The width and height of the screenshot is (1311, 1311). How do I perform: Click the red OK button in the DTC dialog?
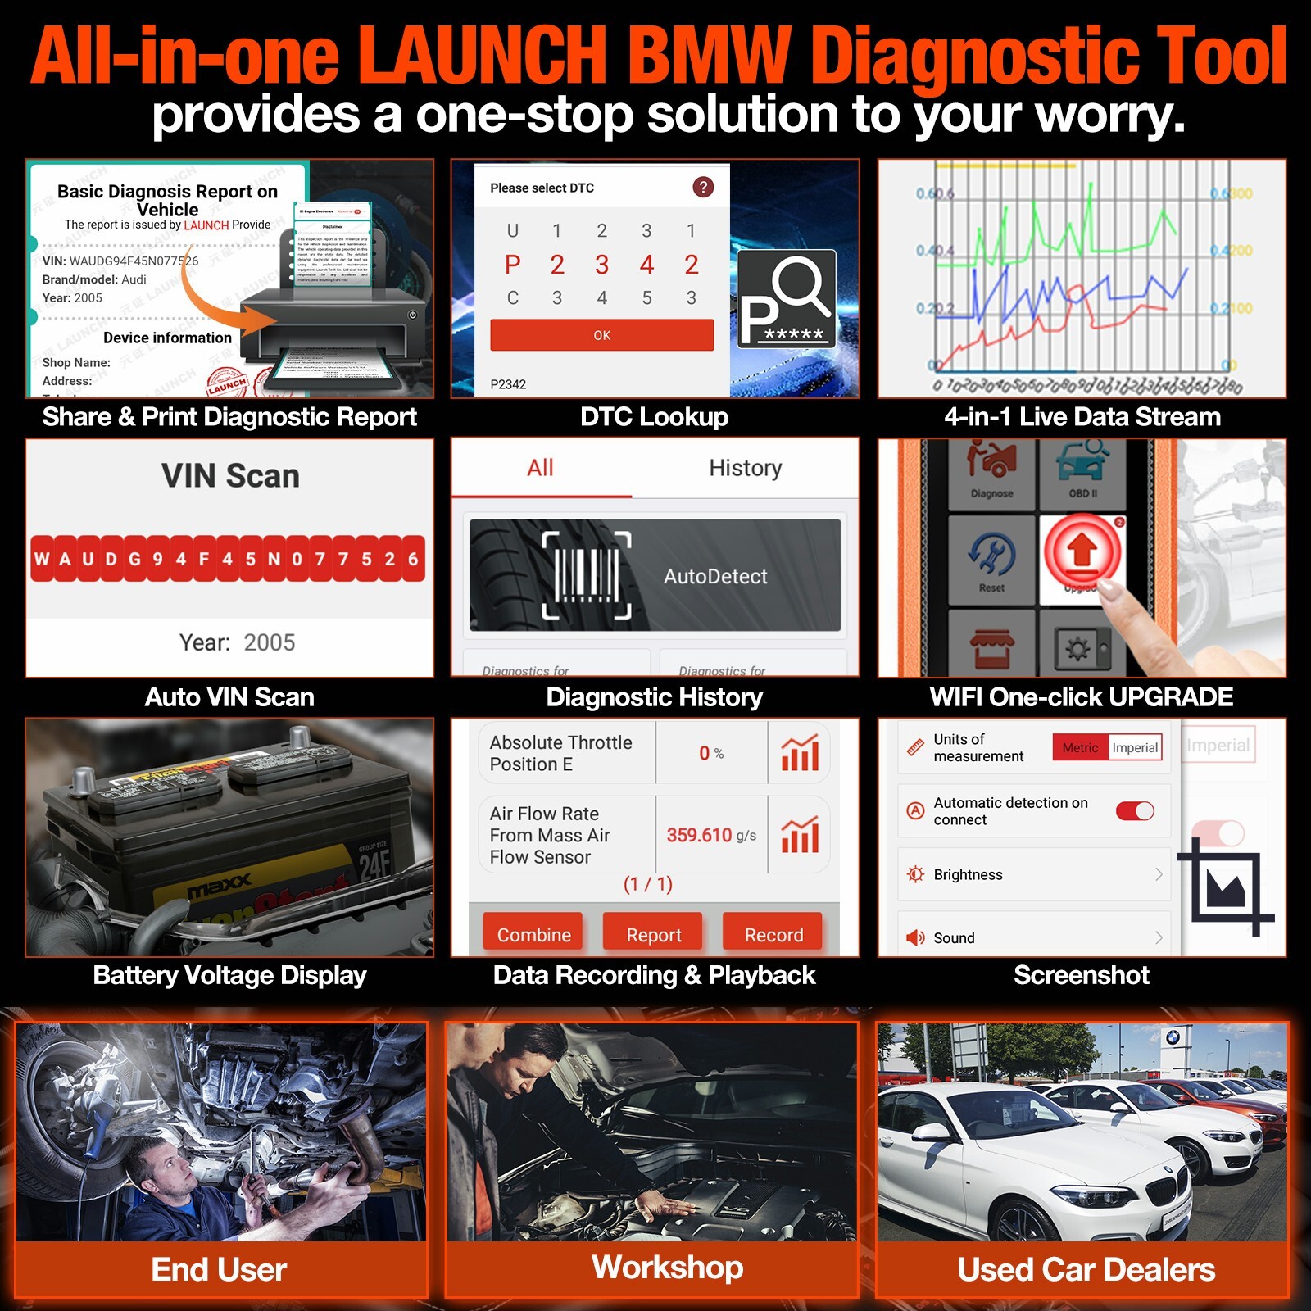click(601, 335)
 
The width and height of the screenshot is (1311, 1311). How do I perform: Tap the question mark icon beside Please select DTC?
click(702, 188)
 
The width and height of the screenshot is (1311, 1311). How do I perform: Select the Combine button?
click(533, 934)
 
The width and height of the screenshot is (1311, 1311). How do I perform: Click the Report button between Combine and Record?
click(653, 934)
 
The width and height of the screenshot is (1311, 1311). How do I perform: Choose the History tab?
click(745, 468)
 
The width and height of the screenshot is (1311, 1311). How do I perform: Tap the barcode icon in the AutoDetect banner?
click(587, 575)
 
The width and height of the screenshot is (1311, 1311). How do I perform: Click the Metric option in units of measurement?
click(1079, 747)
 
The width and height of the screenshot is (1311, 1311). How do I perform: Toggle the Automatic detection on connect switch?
click(1135, 810)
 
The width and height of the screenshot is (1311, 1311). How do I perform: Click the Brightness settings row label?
click(968, 874)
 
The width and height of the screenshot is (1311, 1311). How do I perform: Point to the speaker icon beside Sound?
click(914, 937)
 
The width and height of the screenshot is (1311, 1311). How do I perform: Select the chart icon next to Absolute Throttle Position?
click(799, 753)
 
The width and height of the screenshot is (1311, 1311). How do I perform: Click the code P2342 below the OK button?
click(508, 384)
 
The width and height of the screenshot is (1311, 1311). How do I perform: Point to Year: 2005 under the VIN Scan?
click(237, 642)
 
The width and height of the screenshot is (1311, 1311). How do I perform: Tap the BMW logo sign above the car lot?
click(1173, 1037)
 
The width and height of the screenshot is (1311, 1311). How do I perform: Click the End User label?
click(219, 1269)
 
